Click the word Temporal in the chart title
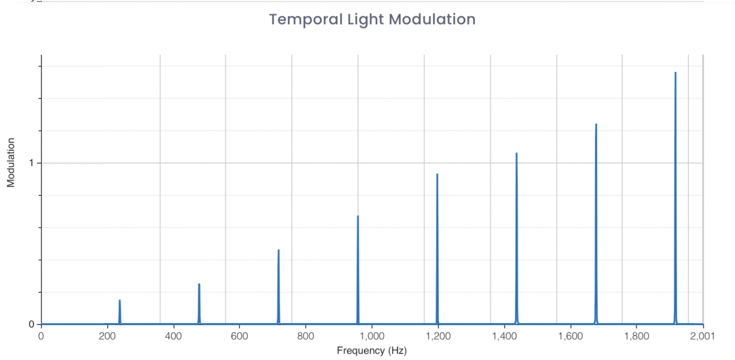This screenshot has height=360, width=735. point(306,19)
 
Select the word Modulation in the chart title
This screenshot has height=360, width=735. point(432,19)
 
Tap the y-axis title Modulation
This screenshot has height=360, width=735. point(11,163)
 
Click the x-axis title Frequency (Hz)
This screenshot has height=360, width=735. point(372,350)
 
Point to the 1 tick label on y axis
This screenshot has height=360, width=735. point(31,163)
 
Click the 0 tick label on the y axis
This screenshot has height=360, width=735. point(31,324)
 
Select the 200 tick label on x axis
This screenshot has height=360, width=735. point(107,336)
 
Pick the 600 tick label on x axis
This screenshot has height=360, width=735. point(239,336)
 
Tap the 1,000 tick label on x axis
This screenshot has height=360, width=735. point(372,336)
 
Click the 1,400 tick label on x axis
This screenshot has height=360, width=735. point(504,336)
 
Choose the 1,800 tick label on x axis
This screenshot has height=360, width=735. point(637,336)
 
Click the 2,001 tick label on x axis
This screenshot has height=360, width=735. point(703,336)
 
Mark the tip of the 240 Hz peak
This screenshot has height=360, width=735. point(120,301)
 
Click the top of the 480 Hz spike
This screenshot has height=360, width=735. point(199,284)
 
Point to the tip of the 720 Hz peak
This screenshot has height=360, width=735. point(278,250)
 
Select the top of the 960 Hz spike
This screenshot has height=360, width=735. point(358,216)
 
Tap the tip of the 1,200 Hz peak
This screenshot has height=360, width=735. point(437,174)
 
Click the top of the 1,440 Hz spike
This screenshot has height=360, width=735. point(516,153)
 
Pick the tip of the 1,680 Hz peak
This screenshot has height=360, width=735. point(596,124)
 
